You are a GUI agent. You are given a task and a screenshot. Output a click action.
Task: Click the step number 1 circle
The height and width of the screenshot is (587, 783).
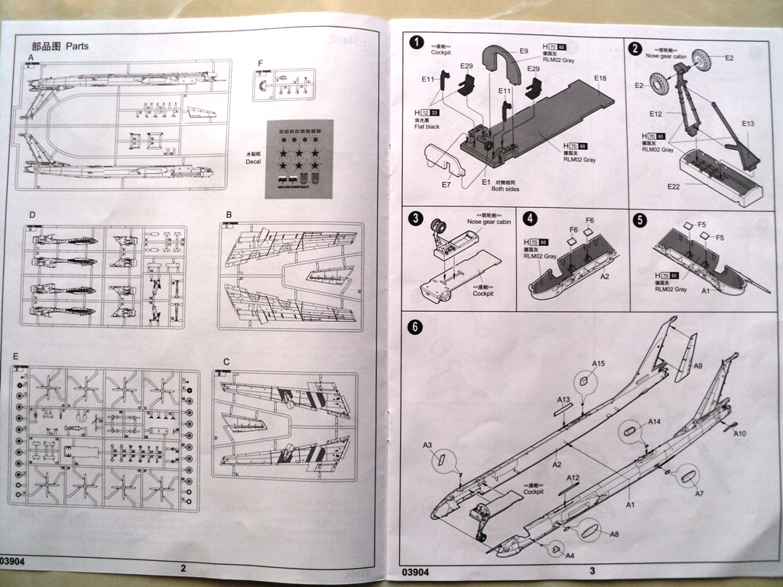(x=416, y=43)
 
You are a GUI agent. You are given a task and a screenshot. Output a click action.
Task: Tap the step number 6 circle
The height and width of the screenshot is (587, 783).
(x=414, y=327)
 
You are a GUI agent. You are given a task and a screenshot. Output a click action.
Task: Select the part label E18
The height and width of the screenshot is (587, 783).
(x=599, y=79)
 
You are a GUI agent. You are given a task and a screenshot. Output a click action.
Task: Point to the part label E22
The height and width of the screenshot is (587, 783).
(x=673, y=186)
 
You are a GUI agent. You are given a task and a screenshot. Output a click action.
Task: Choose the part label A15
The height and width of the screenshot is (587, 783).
(x=599, y=364)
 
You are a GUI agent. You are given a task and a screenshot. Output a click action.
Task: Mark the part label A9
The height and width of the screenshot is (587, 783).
(x=697, y=366)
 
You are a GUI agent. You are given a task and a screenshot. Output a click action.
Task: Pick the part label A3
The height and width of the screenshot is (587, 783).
(x=427, y=445)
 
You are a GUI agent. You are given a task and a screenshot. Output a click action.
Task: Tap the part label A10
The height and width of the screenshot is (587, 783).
(x=739, y=434)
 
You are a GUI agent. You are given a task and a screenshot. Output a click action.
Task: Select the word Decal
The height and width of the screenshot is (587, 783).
(x=249, y=162)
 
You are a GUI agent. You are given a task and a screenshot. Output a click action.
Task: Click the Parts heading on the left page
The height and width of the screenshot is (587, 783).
(x=77, y=46)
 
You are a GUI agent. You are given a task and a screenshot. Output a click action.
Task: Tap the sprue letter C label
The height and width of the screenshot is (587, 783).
(x=226, y=361)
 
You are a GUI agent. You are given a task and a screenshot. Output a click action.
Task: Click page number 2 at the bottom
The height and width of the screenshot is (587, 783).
(x=183, y=569)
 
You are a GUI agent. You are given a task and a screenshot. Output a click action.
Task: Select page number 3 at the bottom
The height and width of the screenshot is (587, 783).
(x=592, y=570)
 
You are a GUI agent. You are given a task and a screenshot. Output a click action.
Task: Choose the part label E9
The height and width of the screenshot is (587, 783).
(x=524, y=51)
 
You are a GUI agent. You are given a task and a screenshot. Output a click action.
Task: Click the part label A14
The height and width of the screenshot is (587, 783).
(x=655, y=422)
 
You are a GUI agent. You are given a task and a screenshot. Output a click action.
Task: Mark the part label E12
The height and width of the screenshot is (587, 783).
(x=655, y=114)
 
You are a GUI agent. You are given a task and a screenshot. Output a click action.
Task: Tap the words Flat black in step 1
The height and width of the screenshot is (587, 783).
(x=427, y=127)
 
